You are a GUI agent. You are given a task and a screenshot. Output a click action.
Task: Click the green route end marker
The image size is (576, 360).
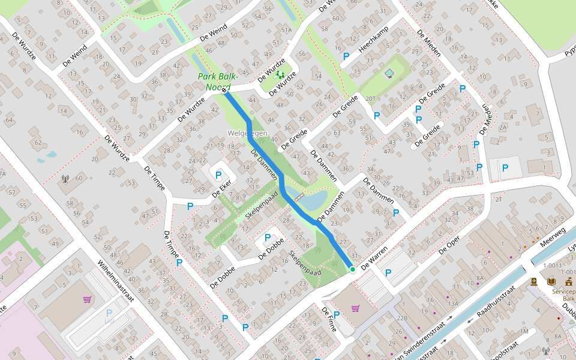pos(353,270)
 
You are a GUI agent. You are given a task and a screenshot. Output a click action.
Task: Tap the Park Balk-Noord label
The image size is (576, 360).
pos(218,82)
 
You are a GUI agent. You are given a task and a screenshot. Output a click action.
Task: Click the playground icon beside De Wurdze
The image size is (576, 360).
pos(280,75)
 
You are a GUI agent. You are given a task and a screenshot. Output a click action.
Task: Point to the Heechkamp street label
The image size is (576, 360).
pos(374,39)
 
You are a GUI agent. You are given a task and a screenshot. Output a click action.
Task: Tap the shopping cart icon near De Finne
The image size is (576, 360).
pos(355,308)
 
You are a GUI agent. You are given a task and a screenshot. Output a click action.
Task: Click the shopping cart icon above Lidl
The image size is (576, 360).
pos(88,299)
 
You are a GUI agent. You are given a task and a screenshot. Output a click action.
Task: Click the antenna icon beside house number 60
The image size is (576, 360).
pos(65,178)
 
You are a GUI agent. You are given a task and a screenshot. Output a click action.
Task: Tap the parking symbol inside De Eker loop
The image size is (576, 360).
pos(219,176)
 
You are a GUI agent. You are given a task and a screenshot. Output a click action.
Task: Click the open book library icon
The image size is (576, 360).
pos(551,281)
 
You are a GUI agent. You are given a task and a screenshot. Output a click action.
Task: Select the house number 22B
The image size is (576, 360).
pos(402,318)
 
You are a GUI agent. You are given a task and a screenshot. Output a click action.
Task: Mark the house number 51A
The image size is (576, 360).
pos(286,30)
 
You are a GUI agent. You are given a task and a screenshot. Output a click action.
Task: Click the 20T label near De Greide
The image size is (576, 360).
pos(370,99)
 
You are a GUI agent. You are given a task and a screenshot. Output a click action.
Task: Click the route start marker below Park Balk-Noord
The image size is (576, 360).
pos(225,91)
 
